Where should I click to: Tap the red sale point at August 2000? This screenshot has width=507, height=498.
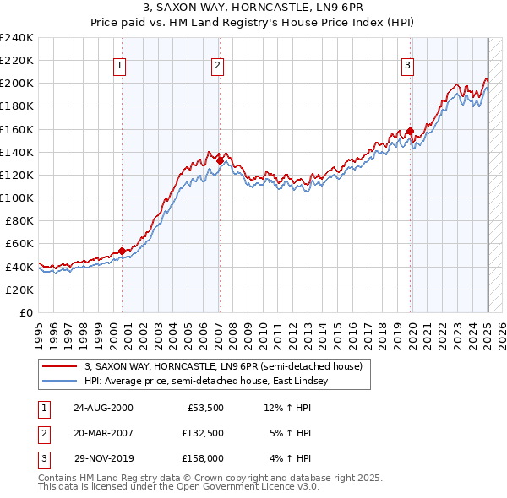[x=123, y=251]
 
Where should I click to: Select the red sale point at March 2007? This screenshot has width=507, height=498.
[x=220, y=160]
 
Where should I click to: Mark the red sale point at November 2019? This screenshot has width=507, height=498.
[x=410, y=131]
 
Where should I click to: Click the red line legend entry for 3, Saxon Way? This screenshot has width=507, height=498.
[x=223, y=366]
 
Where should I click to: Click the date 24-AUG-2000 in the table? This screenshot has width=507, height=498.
[x=103, y=408]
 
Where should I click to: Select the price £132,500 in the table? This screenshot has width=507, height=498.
[x=202, y=433]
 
